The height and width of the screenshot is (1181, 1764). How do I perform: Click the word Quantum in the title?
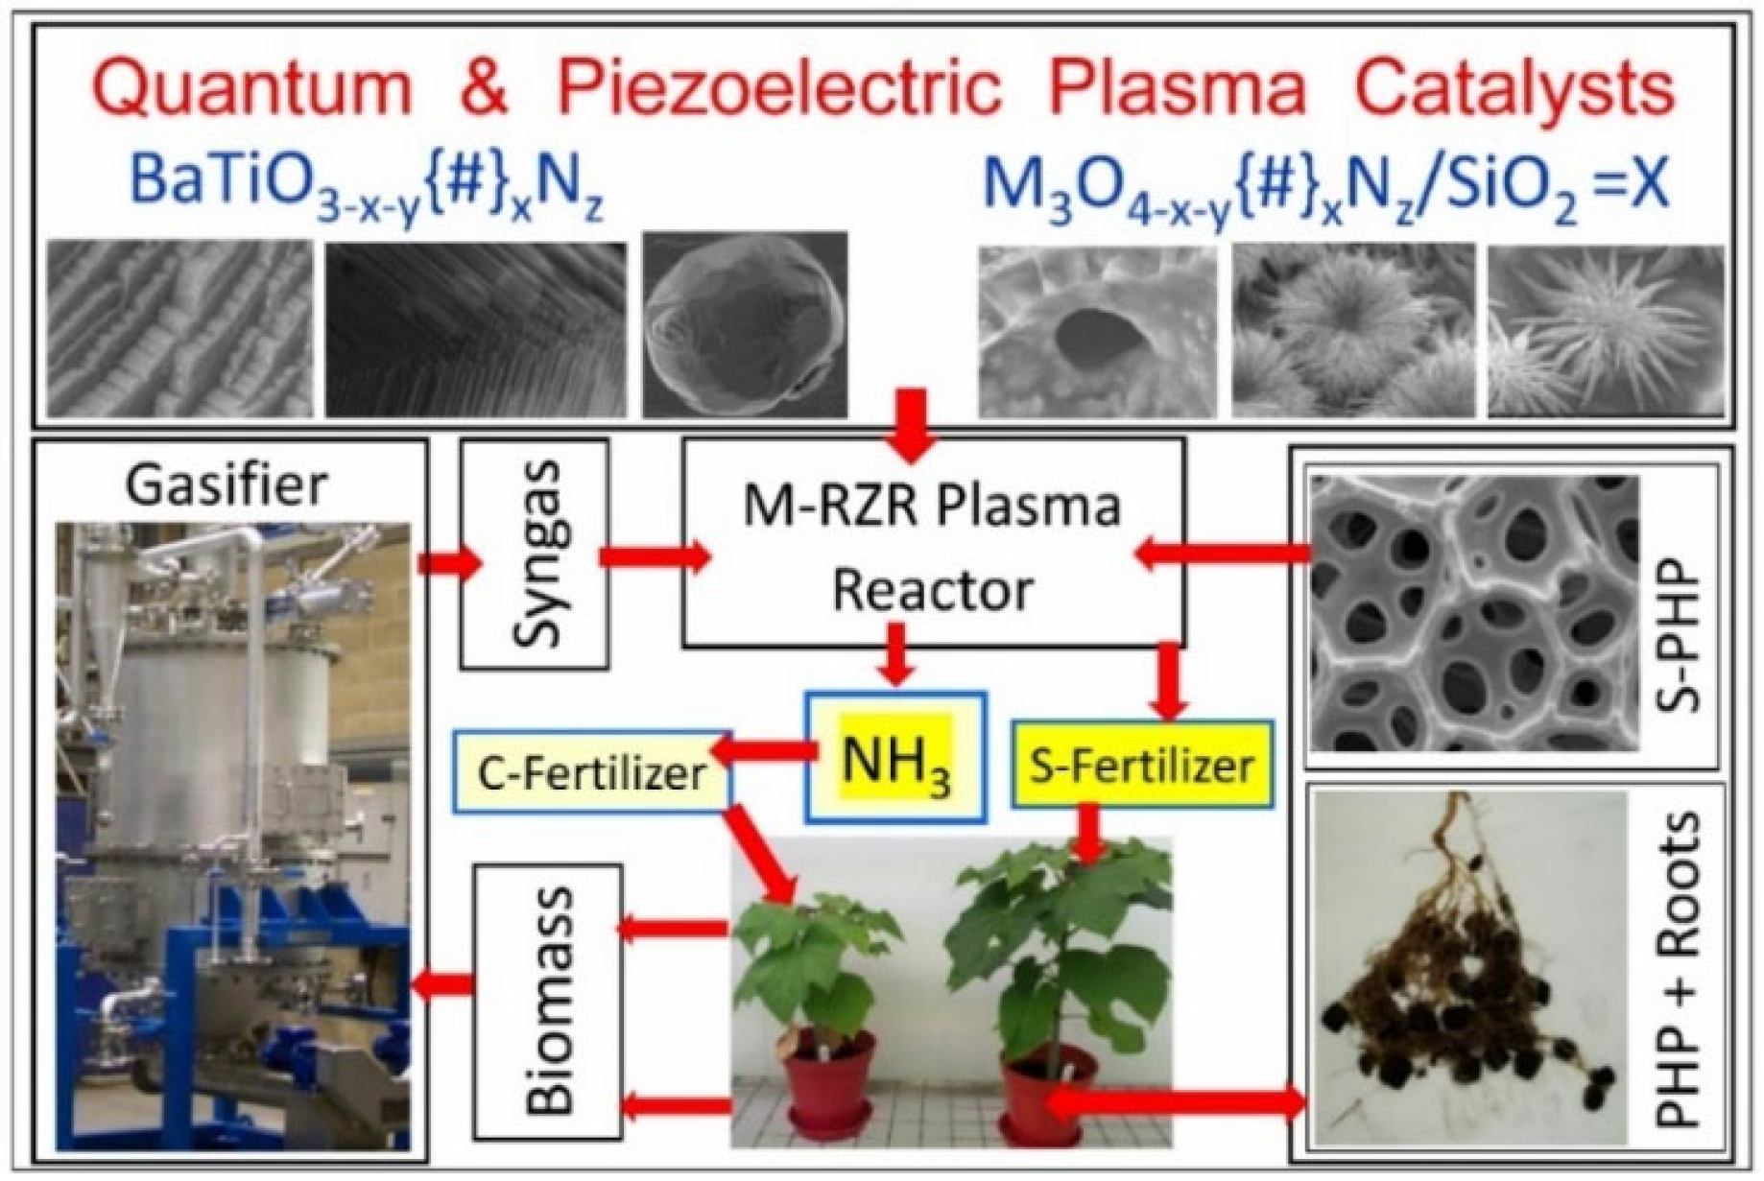click(257, 88)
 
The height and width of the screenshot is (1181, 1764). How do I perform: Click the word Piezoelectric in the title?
click(777, 88)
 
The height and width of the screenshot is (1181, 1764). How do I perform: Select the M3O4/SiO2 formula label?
click(1324, 185)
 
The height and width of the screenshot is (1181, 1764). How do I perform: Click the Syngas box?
click(535, 555)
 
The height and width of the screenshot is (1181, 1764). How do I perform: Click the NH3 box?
click(895, 758)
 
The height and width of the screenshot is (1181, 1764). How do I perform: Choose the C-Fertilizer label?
click(591, 773)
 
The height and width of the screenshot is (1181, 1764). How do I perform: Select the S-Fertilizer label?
click(1142, 765)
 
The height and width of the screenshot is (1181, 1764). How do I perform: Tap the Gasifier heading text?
click(226, 485)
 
